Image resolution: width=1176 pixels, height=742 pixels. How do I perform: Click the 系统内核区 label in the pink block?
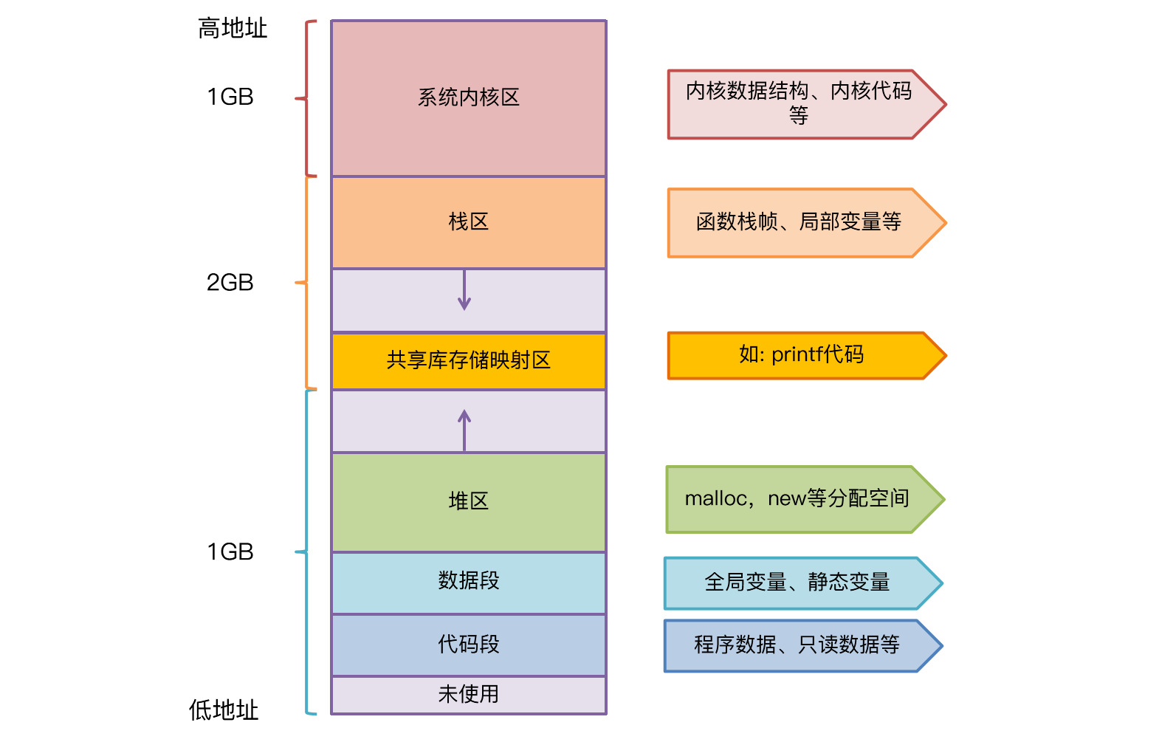(x=468, y=97)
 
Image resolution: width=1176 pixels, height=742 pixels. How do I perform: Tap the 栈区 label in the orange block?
(x=468, y=221)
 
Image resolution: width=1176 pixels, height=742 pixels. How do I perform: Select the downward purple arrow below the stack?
(x=464, y=290)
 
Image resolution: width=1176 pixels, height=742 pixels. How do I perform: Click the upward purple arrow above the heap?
(x=464, y=429)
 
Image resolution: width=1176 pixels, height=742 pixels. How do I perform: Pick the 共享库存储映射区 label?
(x=468, y=360)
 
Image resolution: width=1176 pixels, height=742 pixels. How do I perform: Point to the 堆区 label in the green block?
(x=468, y=501)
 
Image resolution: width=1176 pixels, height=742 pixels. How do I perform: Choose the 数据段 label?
(x=468, y=580)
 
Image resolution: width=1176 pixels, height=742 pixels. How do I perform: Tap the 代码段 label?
(x=468, y=645)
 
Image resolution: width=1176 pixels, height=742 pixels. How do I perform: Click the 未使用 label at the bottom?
(x=468, y=694)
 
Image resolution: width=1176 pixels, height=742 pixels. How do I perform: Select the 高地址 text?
(x=232, y=29)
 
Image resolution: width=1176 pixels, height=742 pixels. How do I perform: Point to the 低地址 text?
(x=223, y=710)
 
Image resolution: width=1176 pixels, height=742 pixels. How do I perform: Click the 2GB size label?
(x=230, y=283)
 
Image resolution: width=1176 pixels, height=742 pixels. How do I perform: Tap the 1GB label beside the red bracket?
(x=230, y=97)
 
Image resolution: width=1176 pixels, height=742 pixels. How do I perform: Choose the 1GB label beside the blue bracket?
(x=230, y=552)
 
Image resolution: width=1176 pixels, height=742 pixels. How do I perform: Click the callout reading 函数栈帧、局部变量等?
(x=798, y=222)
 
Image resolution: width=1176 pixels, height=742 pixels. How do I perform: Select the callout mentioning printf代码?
(x=801, y=355)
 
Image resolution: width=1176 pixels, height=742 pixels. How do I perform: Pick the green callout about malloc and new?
(x=797, y=499)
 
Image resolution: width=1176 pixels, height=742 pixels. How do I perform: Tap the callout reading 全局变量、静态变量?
(x=797, y=583)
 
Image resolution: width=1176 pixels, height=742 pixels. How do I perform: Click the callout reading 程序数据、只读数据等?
(x=797, y=645)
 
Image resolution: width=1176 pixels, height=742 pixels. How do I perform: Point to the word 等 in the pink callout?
(x=798, y=116)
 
